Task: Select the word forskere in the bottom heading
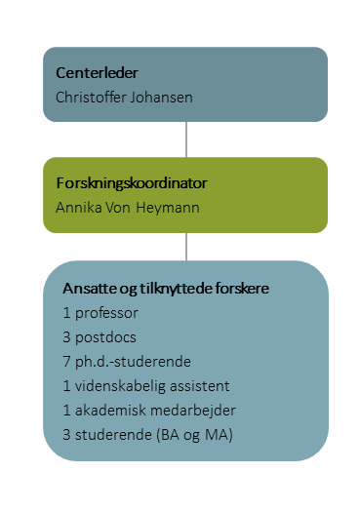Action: click(242, 289)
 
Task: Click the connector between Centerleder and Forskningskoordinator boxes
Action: click(185, 139)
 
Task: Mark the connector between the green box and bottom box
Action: click(185, 247)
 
